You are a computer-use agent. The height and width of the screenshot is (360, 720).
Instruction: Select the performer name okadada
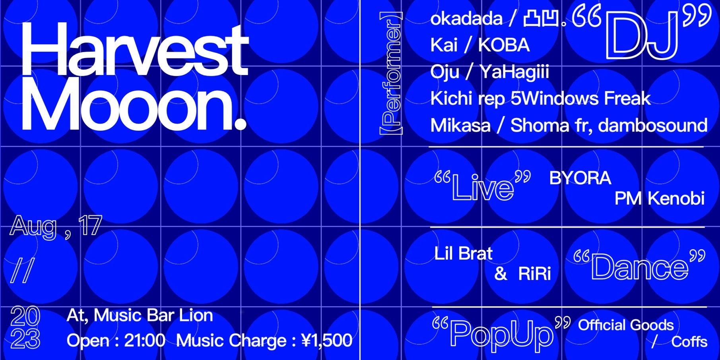(466, 19)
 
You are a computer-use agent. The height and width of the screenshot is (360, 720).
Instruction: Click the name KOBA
(504, 45)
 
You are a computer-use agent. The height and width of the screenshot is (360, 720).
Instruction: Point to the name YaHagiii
(514, 73)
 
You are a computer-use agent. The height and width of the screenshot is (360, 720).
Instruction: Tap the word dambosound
(653, 126)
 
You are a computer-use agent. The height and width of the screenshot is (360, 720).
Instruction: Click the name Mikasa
(460, 126)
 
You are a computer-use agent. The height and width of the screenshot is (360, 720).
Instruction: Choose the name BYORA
(580, 178)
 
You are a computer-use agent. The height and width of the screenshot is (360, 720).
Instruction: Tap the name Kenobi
(676, 198)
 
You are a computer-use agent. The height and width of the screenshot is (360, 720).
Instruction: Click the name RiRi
(534, 274)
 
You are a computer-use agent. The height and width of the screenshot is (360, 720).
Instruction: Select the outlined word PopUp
(501, 334)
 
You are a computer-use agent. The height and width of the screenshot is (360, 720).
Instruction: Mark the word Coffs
(689, 342)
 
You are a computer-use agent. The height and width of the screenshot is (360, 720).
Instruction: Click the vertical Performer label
(391, 73)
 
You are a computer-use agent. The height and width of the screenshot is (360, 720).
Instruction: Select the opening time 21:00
(145, 341)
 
